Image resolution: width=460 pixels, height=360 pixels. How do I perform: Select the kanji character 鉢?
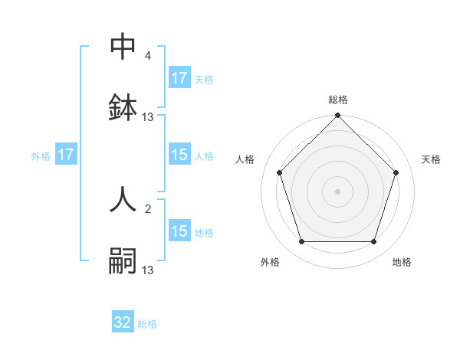click(x=123, y=107)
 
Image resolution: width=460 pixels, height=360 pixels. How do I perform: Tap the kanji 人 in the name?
click(x=123, y=198)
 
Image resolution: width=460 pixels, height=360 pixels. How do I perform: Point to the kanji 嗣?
click(x=123, y=260)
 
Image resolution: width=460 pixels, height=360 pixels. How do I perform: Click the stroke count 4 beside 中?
click(x=148, y=56)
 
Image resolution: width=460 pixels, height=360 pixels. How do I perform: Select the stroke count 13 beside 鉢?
click(x=148, y=117)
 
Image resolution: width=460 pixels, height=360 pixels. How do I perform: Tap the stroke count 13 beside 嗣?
click(x=148, y=270)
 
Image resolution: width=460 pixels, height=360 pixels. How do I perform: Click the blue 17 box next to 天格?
click(x=179, y=78)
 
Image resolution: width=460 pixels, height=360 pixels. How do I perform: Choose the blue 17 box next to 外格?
click(x=66, y=155)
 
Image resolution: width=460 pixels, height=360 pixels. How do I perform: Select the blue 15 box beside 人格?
click(x=179, y=155)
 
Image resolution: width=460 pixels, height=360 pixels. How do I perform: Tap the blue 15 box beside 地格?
click(x=179, y=231)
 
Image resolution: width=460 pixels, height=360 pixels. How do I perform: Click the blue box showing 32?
click(x=123, y=322)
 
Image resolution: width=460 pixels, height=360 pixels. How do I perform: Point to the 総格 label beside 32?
click(x=147, y=324)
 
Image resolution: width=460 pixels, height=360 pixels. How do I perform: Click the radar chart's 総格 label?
click(x=338, y=100)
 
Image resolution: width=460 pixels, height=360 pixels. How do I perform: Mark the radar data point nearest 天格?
click(x=396, y=172)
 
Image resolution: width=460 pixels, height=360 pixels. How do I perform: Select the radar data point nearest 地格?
click(x=373, y=242)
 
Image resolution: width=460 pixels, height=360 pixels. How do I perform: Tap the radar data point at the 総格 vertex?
click(x=338, y=116)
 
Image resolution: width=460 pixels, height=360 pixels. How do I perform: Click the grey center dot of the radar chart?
click(x=338, y=191)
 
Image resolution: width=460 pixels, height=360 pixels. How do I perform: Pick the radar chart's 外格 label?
click(x=270, y=262)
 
